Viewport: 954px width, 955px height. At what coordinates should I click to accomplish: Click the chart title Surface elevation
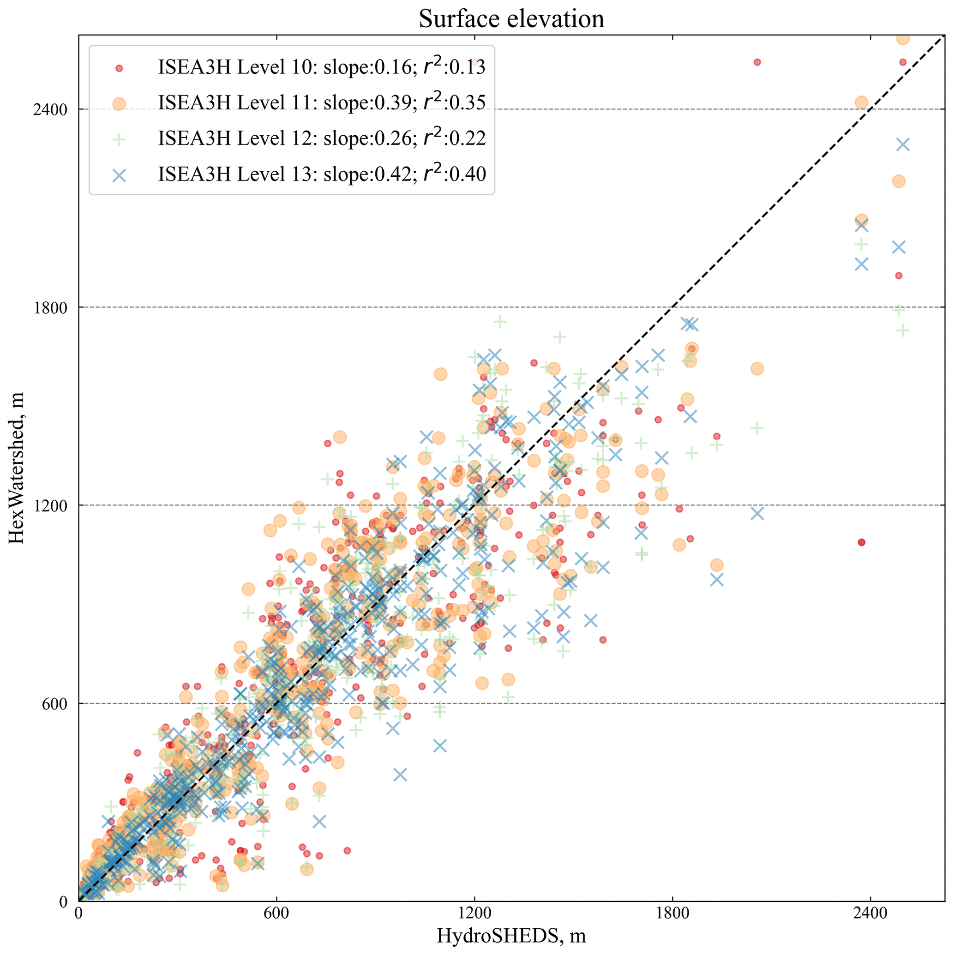point(511,19)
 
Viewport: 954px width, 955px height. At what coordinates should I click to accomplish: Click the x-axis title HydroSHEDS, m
point(511,935)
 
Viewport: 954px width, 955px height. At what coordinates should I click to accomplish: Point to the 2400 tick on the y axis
point(50,109)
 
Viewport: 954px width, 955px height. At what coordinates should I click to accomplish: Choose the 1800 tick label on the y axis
point(50,307)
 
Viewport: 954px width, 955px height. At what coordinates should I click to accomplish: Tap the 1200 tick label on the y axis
point(50,505)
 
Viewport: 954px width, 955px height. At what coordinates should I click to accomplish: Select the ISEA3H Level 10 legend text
point(321,67)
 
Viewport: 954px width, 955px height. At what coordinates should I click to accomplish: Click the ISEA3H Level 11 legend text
point(321,103)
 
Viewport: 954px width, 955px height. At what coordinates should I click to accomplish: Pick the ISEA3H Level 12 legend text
point(321,138)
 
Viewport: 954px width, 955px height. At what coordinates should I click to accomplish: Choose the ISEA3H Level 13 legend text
point(321,174)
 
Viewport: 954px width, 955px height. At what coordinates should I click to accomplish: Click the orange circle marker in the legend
point(119,104)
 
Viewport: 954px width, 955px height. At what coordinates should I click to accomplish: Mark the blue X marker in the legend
point(119,175)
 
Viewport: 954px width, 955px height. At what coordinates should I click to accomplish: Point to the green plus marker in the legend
point(119,140)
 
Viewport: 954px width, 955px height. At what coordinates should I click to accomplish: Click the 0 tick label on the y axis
point(63,901)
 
